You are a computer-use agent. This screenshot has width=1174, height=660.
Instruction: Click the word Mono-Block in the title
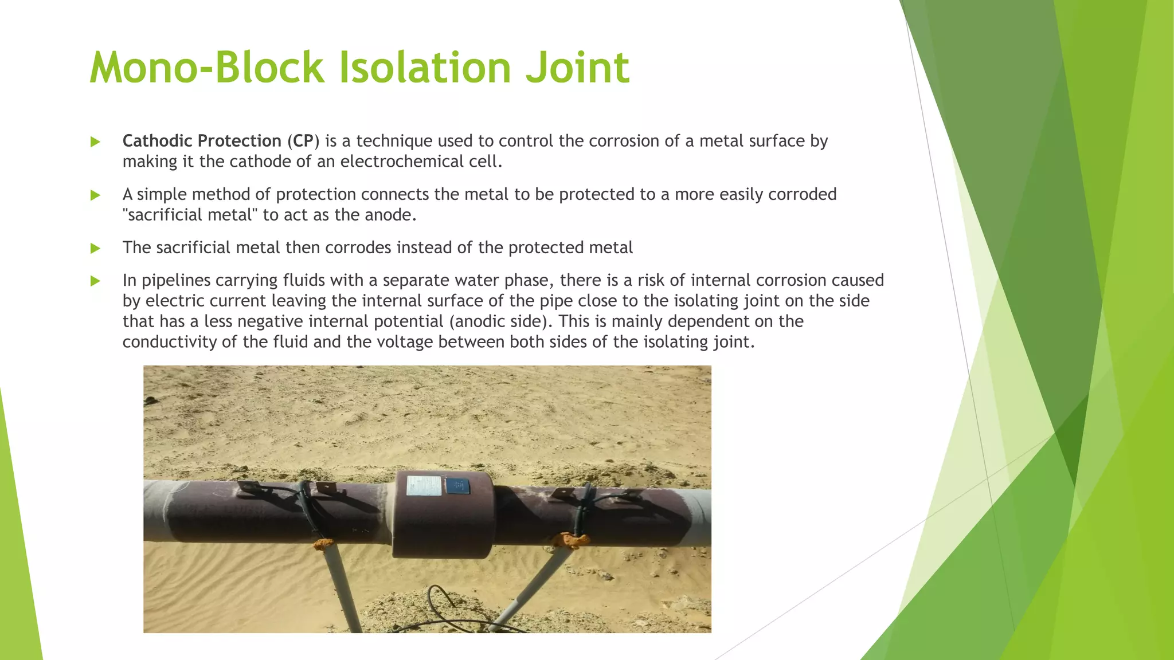[206, 68]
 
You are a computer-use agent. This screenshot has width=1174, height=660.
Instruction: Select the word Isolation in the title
[424, 68]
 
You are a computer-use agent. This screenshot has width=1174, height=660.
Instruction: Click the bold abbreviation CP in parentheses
[303, 141]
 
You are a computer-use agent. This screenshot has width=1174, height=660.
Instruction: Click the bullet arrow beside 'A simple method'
[95, 195]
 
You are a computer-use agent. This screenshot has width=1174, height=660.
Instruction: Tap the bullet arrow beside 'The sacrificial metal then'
[95, 249]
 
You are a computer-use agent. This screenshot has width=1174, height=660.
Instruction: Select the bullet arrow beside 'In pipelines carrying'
[95, 281]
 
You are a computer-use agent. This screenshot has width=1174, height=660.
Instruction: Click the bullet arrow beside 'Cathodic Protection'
[95, 142]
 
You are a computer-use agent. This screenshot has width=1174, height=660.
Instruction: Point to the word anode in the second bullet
[388, 215]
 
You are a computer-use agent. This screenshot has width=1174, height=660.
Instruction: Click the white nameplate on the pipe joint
[424, 486]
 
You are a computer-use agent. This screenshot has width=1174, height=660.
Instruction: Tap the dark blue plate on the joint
[457, 486]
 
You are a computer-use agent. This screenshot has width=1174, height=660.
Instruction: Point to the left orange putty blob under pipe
[324, 543]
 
